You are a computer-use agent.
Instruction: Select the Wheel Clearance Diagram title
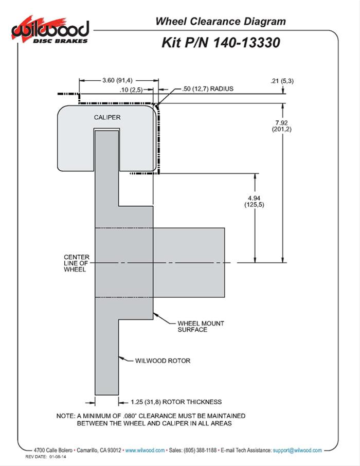click(x=220, y=21)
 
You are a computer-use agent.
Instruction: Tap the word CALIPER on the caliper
click(x=107, y=117)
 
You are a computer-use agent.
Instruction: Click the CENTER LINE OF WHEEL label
click(x=76, y=263)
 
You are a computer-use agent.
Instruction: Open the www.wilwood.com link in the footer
click(x=145, y=450)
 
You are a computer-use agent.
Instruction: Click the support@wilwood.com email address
click(x=297, y=450)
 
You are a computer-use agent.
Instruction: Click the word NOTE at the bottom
click(x=65, y=415)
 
